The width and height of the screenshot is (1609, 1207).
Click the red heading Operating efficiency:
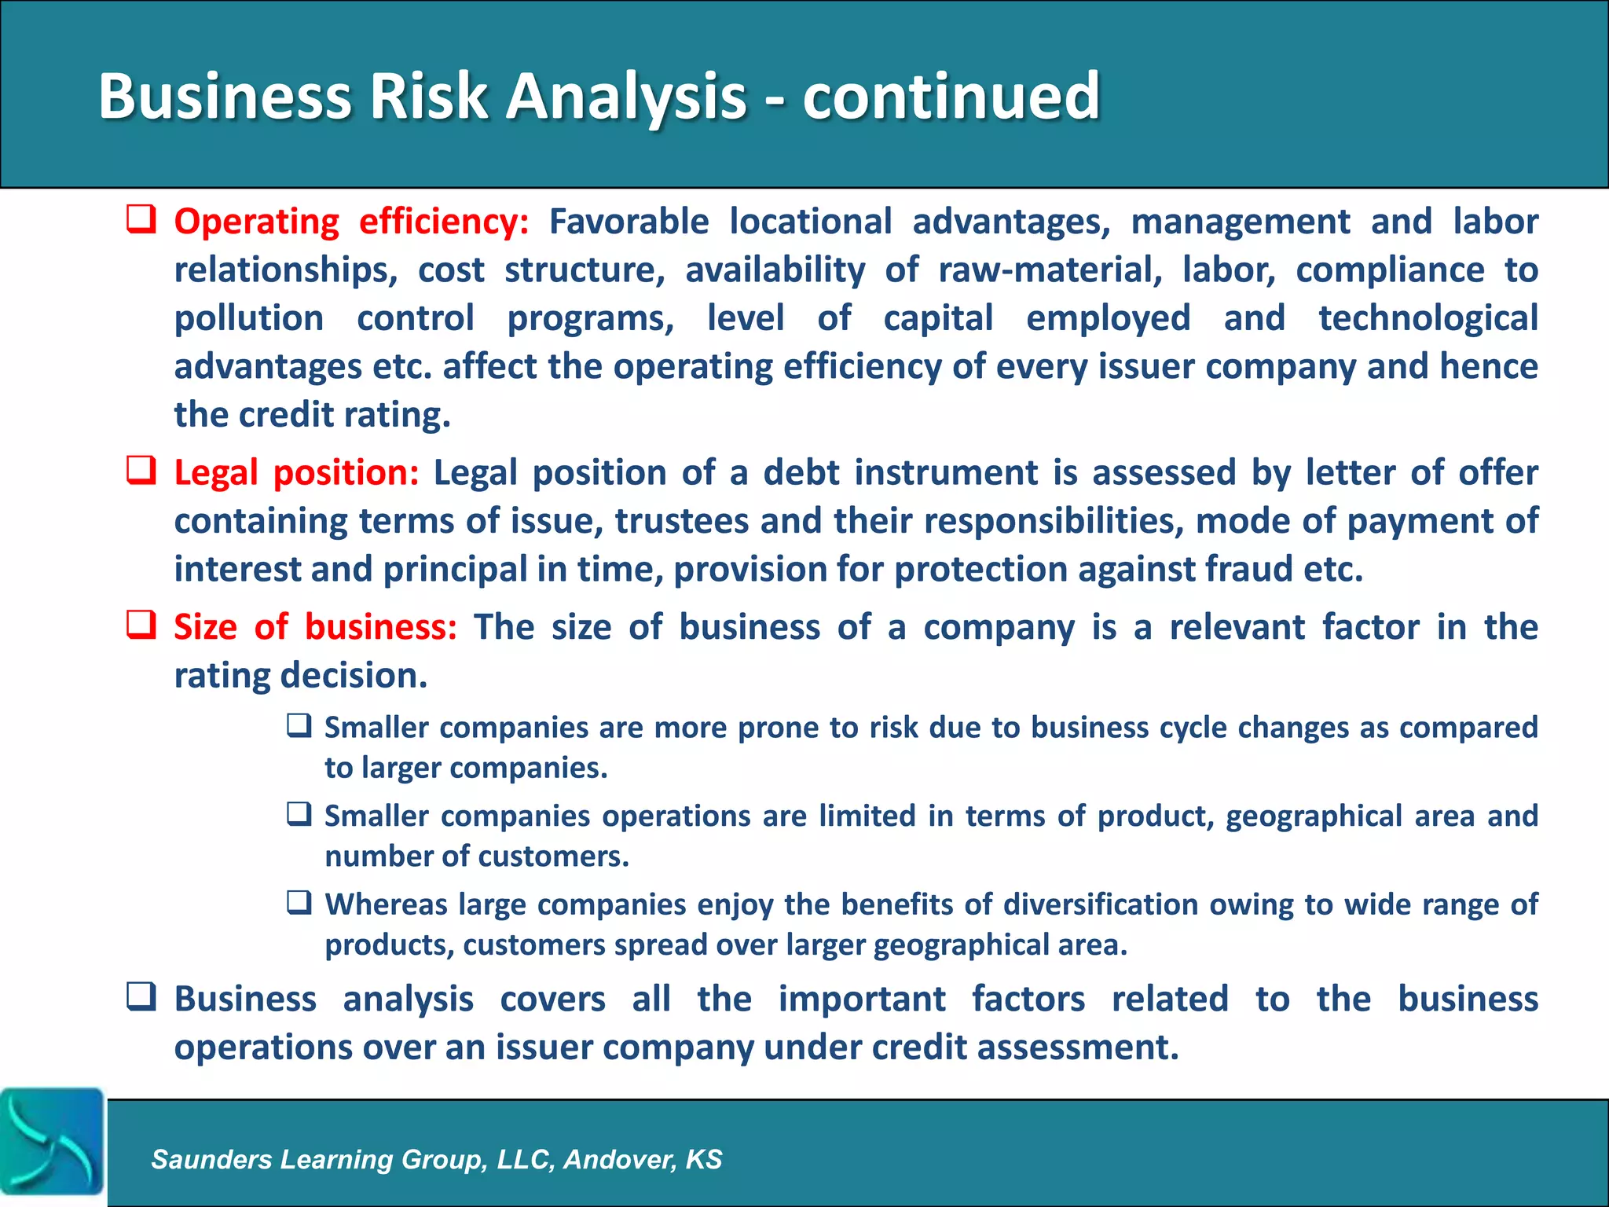[x=351, y=222]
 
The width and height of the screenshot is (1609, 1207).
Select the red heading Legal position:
[x=296, y=473]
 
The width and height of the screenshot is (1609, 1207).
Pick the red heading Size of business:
[x=315, y=627]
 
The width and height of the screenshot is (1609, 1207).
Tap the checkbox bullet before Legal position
[x=141, y=471]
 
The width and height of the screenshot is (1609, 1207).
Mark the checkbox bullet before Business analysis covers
[x=141, y=997]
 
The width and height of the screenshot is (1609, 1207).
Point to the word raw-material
[x=1050, y=270]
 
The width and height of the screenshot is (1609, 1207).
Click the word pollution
[x=248, y=318]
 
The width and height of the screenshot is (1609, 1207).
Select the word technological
[x=1428, y=318]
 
